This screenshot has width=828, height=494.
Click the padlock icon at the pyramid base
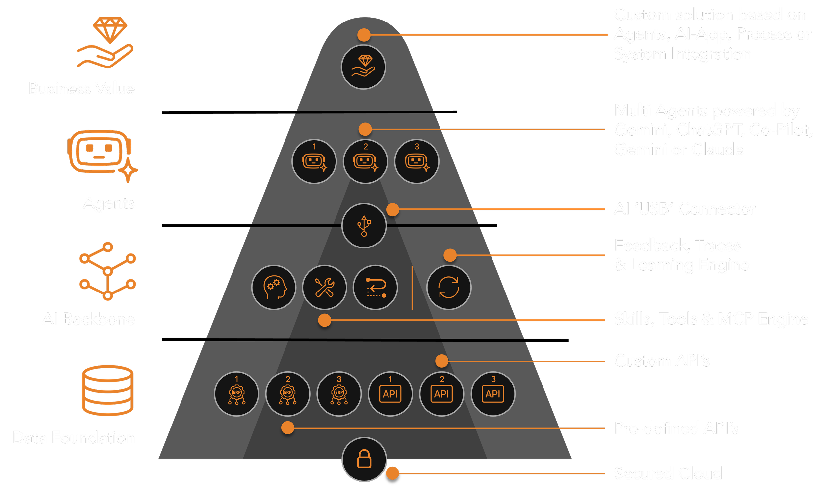click(x=364, y=459)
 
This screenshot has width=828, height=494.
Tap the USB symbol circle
click(x=364, y=226)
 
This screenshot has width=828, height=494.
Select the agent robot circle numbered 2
click(x=365, y=161)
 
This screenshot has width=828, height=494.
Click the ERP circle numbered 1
click(x=236, y=394)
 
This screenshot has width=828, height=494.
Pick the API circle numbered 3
click(x=493, y=394)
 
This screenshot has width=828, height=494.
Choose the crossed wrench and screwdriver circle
click(x=324, y=287)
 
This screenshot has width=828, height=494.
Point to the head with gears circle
click(x=274, y=287)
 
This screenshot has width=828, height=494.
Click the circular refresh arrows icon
click(x=448, y=287)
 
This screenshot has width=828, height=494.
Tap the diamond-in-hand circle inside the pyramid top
click(x=363, y=67)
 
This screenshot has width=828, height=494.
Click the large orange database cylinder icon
click(x=108, y=390)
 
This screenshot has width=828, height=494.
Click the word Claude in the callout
click(x=717, y=150)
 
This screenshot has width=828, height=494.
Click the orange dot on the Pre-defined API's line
click(x=287, y=428)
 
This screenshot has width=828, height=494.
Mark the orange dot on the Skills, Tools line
click(x=324, y=320)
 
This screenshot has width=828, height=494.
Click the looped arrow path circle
click(x=375, y=287)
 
